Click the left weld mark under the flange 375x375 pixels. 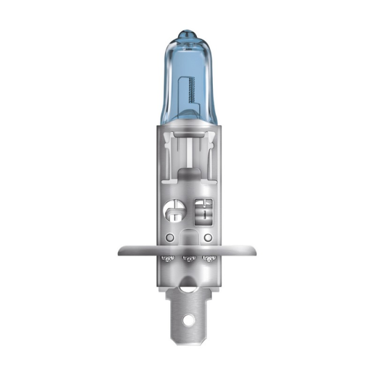pos(168,257)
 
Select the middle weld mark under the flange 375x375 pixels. pos(188,258)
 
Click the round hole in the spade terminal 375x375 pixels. pos(188,319)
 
